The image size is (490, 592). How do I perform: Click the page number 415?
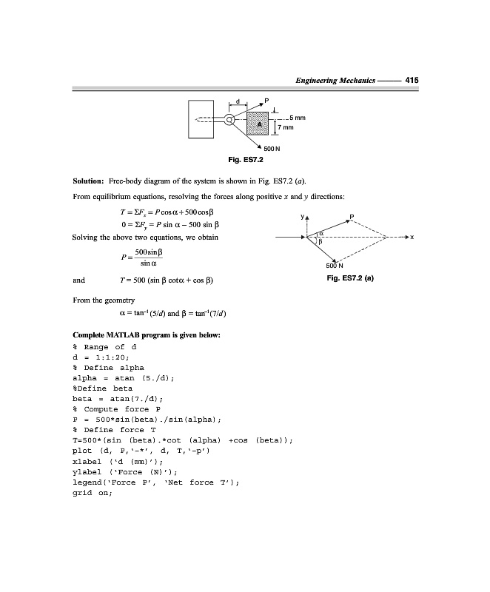[412, 80]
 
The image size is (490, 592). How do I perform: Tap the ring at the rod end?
[230, 119]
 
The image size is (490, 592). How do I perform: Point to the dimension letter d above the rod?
[238, 102]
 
